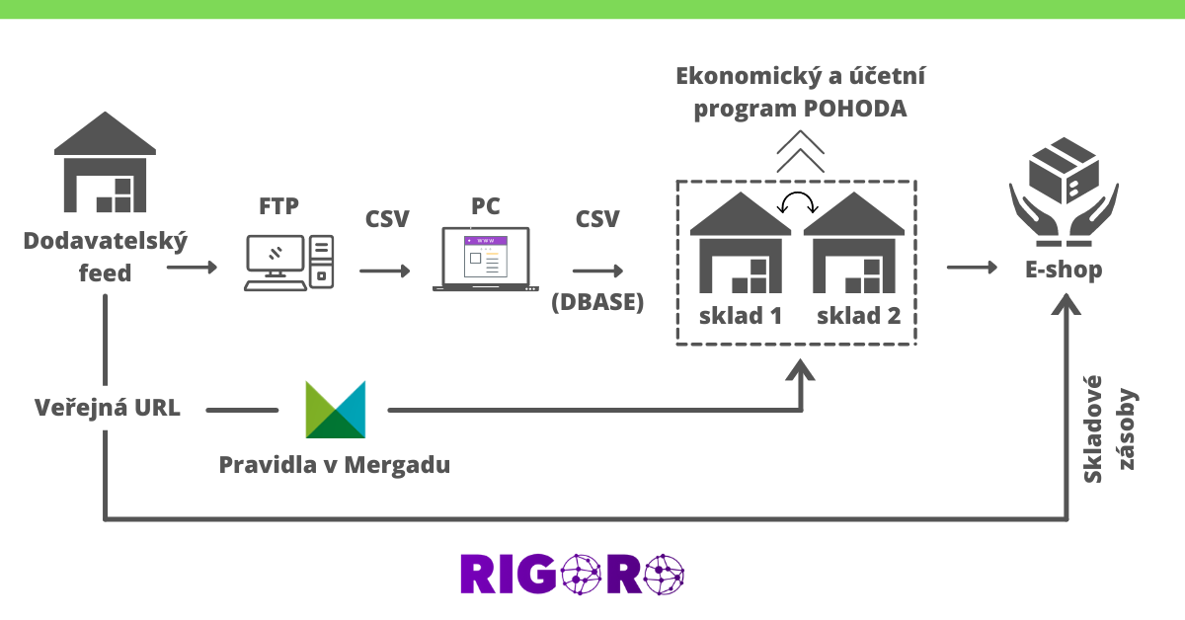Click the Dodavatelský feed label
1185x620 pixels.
click(105, 257)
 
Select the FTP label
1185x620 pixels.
click(278, 206)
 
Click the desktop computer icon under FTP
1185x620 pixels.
click(288, 263)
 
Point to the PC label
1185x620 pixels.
click(486, 206)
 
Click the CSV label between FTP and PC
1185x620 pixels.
click(387, 218)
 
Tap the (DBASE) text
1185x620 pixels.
click(597, 302)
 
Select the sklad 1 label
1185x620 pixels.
click(741, 316)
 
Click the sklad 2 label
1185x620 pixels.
click(858, 316)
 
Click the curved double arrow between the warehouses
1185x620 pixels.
click(797, 203)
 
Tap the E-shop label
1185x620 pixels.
click(1064, 270)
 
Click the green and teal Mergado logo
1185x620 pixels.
click(335, 410)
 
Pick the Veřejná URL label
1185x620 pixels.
click(108, 408)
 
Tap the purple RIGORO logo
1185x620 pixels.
click(573, 574)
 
